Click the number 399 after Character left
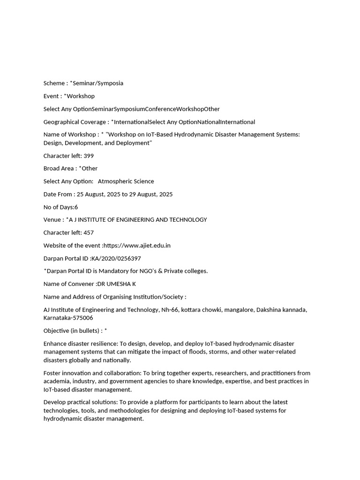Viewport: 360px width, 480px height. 89,156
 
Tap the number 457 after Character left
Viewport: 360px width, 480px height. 89,232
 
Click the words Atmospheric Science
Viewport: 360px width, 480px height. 126,181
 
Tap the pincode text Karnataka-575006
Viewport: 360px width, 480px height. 67,318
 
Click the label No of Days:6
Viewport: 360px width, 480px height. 61,207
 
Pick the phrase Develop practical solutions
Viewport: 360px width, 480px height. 80,402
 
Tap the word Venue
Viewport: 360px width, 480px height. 52,220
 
